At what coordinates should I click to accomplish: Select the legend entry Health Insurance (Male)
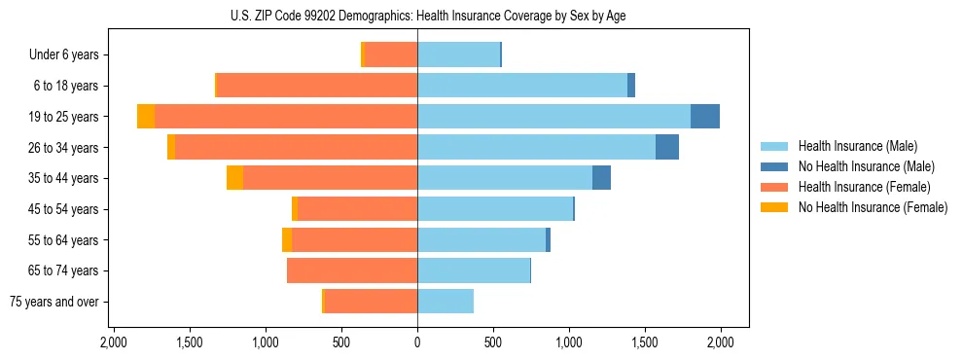(x=857, y=146)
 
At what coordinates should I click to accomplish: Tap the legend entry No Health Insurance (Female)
(x=873, y=207)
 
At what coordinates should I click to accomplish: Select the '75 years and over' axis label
(x=54, y=302)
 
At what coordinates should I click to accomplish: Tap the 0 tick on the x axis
(x=417, y=342)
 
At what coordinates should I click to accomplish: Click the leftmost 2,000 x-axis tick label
(x=114, y=342)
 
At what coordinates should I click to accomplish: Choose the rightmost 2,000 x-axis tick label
(x=720, y=342)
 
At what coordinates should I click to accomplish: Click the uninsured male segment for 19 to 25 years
(x=705, y=116)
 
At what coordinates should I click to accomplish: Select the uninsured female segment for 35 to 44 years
(x=234, y=178)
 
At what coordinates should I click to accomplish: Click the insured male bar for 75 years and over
(x=446, y=302)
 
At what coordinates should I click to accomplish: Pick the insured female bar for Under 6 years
(x=391, y=54)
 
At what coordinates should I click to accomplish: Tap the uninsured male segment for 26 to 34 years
(x=667, y=147)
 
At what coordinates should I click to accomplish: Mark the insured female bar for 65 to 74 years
(x=352, y=270)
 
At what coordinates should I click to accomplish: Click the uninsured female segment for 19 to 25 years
(x=146, y=116)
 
